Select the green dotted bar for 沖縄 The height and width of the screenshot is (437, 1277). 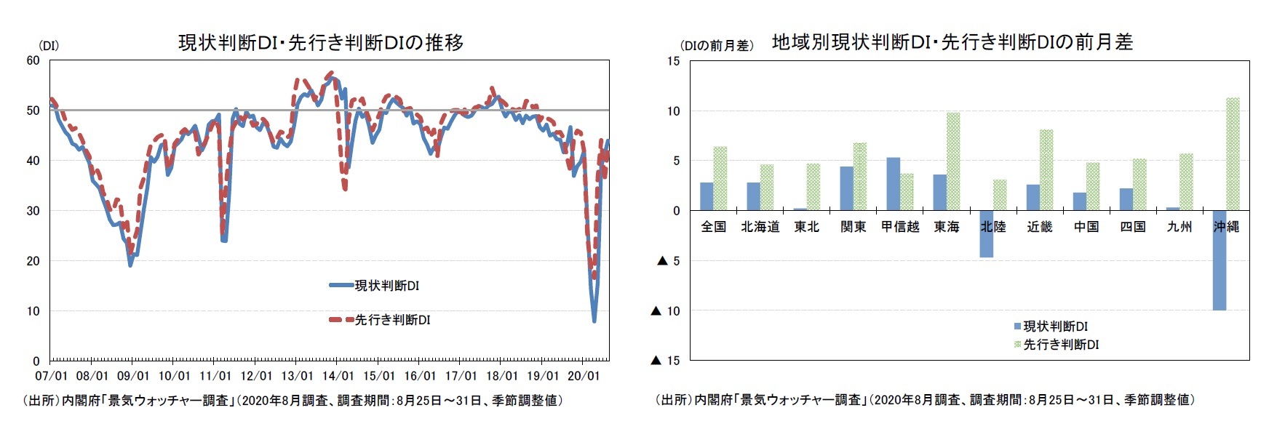[x=1233, y=154]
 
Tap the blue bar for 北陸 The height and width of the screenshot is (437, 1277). [x=986, y=234]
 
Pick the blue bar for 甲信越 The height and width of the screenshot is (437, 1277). [x=893, y=184]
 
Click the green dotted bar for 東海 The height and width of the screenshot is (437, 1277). [x=953, y=161]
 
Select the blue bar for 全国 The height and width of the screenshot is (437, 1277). [x=707, y=196]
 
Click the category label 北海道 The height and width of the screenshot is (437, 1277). [x=760, y=227]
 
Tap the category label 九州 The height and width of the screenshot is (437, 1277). [x=1179, y=227]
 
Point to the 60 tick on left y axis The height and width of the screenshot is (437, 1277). [x=33, y=61]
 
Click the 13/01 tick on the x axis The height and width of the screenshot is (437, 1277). [x=297, y=376]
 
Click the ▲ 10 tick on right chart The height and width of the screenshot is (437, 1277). [x=665, y=311]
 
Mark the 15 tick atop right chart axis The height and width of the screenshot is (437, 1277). [x=673, y=62]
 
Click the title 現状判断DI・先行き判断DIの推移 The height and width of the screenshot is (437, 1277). [x=321, y=43]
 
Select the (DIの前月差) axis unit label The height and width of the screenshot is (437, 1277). [x=717, y=46]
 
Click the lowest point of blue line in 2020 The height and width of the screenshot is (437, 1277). [x=594, y=321]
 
